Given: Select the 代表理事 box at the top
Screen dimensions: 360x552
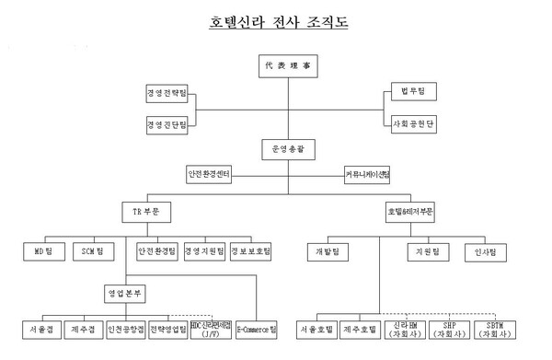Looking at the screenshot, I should coord(281,66).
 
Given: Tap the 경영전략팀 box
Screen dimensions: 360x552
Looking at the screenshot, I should coord(165,93).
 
